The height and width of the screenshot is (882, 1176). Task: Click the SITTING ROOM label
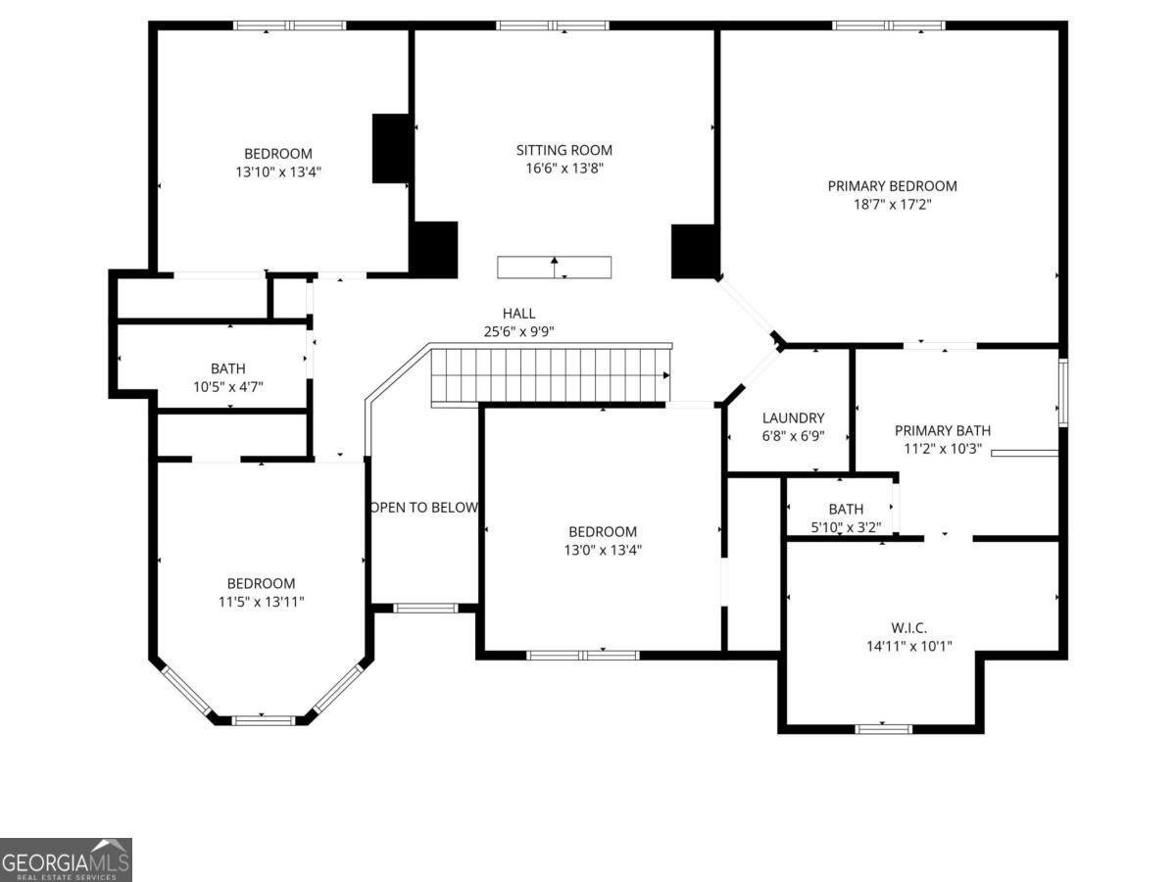pos(563,150)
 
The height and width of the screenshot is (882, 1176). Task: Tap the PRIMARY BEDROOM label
pos(892,186)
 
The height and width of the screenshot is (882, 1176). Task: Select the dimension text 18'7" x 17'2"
pos(892,205)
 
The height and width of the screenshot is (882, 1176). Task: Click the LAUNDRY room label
pos(793,417)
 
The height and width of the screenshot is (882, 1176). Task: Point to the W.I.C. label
pos(908,627)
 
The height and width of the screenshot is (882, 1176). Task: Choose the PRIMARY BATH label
pos(942,430)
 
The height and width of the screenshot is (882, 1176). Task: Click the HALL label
pos(518,314)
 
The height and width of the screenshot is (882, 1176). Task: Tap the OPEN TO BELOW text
pos(424,508)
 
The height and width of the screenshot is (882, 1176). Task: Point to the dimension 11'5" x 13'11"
pos(260,602)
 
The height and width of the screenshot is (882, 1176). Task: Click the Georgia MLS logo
pos(66,859)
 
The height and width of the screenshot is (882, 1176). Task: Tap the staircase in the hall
pos(551,374)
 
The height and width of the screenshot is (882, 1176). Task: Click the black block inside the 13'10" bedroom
pos(391,148)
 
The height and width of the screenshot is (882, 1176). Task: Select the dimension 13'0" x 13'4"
pos(601,550)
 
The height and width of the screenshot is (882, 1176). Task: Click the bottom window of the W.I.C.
pos(884,728)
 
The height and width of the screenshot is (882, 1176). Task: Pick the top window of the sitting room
pos(553,25)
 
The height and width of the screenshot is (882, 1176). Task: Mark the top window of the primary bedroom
pos(889,25)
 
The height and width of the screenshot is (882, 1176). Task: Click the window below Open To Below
pos(425,609)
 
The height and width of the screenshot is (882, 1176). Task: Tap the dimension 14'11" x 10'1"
pos(907,646)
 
